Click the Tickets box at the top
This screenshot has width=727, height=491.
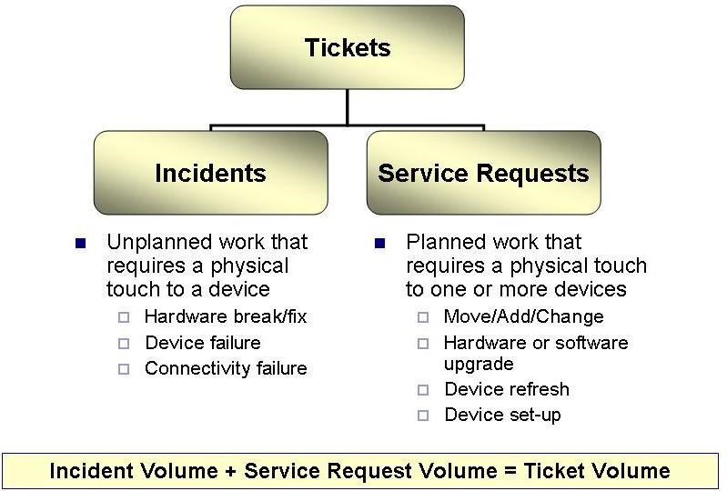(348, 47)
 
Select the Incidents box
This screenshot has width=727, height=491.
(211, 173)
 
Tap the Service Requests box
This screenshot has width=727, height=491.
(483, 173)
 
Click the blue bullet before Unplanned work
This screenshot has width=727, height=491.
(81, 243)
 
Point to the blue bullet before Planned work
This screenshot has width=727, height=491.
(379, 243)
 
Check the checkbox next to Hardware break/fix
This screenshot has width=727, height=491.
(124, 317)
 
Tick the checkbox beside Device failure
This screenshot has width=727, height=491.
(124, 344)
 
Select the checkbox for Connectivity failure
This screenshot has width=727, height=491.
(124, 369)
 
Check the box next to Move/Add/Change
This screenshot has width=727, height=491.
(423, 317)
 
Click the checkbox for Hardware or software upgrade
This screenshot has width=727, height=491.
(423, 344)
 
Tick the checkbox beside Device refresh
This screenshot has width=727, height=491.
(423, 390)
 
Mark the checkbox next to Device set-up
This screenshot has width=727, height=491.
(423, 416)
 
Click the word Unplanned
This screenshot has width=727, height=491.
(160, 243)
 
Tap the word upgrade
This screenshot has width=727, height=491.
(479, 364)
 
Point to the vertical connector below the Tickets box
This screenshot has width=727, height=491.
(347, 107)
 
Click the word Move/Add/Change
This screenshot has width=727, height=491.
(523, 316)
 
